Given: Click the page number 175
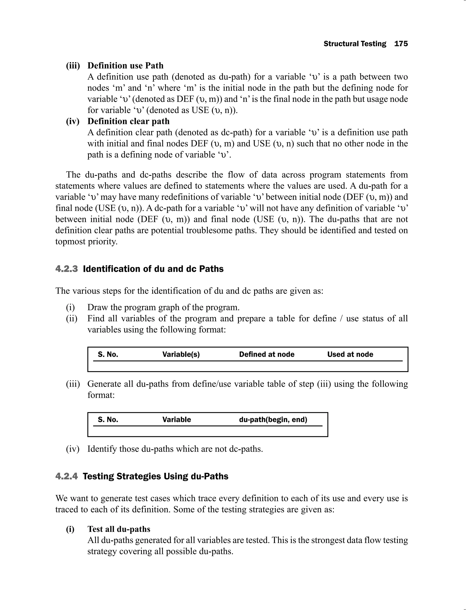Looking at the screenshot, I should pyautogui.click(x=401, y=44).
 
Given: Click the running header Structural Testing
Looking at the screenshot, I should pyautogui.click(x=355, y=44).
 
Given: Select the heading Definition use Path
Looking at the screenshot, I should pyautogui.click(x=125, y=66).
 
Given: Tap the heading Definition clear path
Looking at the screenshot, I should pyautogui.click(x=128, y=121).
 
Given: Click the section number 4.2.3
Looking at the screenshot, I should pyautogui.click(x=67, y=269).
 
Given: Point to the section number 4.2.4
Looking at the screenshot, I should pyautogui.click(x=67, y=476).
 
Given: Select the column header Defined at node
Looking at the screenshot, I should pyautogui.click(x=267, y=354).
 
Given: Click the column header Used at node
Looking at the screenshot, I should pyautogui.click(x=350, y=354).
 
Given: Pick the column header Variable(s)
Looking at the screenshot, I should pyautogui.click(x=181, y=354).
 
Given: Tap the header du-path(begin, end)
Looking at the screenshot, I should pyautogui.click(x=273, y=419).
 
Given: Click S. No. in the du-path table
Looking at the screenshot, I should pyautogui.click(x=108, y=419).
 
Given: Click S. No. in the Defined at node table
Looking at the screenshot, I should pyautogui.click(x=108, y=354).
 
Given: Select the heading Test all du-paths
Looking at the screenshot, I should pyautogui.click(x=119, y=529).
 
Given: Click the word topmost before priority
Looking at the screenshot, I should pyautogui.click(x=71, y=242).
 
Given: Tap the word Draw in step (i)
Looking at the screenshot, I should pyautogui.click(x=96, y=308).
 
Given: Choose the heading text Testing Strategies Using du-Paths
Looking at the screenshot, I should pyautogui.click(x=155, y=476).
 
